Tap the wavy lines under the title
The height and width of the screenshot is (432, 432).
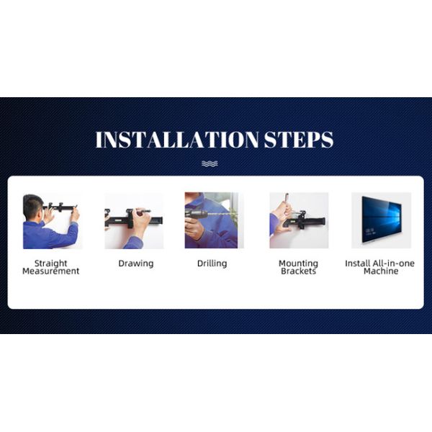coord(209,163)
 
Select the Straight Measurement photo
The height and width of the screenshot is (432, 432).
coord(51,220)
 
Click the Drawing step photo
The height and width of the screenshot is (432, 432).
coord(134,220)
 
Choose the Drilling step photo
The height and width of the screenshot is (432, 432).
coord(213,220)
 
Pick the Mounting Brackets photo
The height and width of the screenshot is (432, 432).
coord(298,220)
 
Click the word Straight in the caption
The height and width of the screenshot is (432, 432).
coord(51,264)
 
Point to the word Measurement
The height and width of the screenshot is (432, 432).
coord(51,271)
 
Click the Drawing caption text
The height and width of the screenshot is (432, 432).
coord(135,264)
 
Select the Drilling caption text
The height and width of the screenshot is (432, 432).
coord(212,264)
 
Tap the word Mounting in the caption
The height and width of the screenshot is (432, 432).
coord(298,264)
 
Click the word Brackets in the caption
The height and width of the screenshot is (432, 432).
coord(298,271)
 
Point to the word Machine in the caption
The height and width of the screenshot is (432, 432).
coord(380,271)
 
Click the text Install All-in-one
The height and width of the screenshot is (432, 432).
coord(380,264)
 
